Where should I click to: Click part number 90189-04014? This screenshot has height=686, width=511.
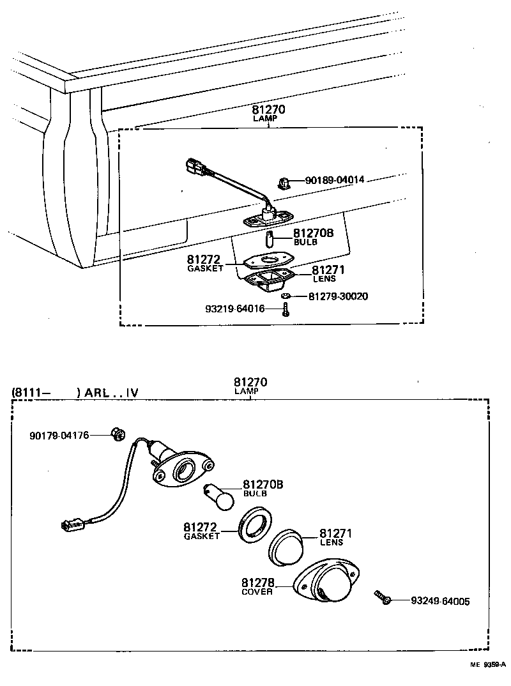[x=330, y=180]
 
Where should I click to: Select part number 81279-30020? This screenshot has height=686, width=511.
[x=338, y=296]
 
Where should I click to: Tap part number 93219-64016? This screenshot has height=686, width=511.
[x=234, y=309]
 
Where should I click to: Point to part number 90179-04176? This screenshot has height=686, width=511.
[x=59, y=436]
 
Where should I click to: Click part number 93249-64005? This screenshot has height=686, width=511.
[x=439, y=601]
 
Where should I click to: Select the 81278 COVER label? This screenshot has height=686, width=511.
[x=257, y=586]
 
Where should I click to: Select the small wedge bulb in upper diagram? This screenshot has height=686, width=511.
[x=270, y=241]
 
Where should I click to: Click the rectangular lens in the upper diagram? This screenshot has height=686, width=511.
[x=268, y=280]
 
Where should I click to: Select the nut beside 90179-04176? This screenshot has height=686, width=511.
[x=116, y=434]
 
